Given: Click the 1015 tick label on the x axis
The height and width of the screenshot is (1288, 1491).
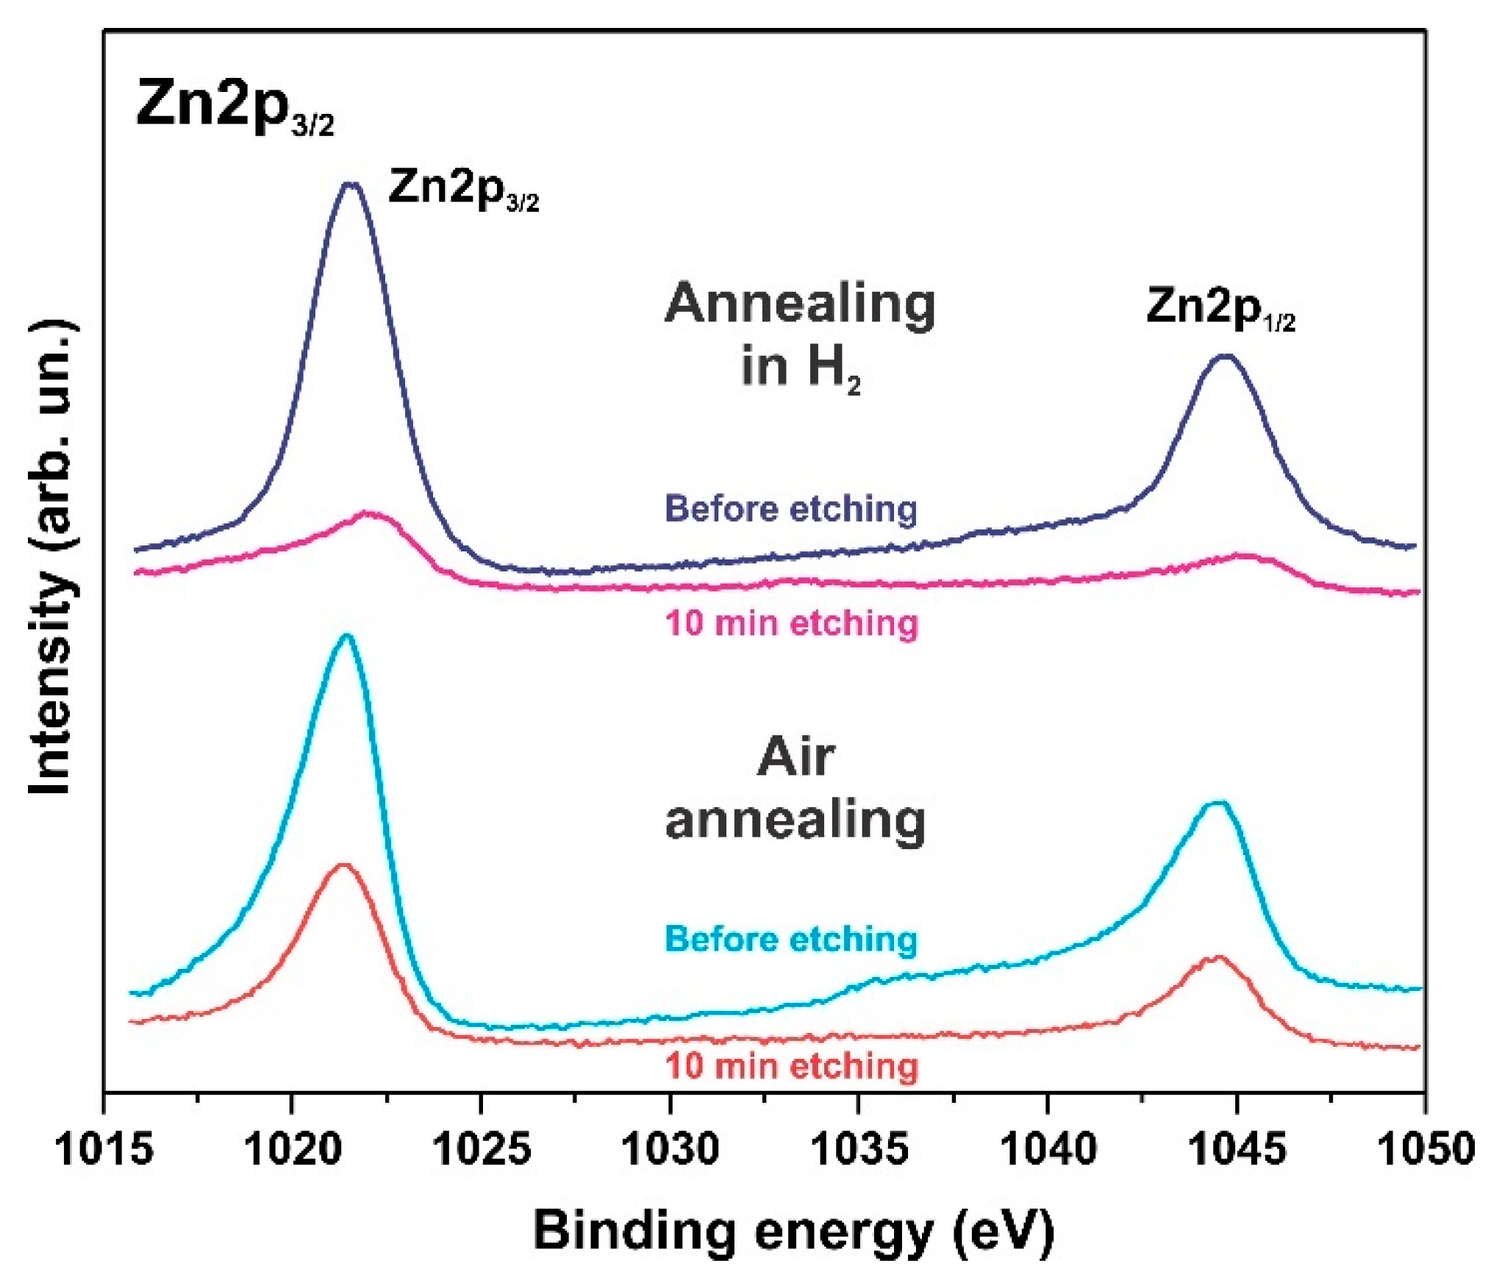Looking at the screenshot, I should [104, 1148].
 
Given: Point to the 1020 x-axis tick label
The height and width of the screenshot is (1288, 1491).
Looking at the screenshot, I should [292, 1148].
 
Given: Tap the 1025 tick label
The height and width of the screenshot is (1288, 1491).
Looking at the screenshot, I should [481, 1148].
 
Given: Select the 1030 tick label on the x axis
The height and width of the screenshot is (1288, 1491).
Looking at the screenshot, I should [670, 1148].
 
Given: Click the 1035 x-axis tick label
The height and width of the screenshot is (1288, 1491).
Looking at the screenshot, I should [858, 1148].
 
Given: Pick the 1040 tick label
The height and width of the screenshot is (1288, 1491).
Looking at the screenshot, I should [1048, 1148].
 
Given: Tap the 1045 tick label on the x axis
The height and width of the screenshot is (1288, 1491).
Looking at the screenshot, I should [1237, 1148].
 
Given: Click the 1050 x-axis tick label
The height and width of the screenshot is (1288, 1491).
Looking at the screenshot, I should [1425, 1148].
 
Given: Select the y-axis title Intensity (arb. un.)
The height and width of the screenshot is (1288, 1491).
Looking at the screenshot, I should [51, 557].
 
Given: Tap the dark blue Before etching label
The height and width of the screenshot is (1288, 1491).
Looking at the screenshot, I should [791, 509].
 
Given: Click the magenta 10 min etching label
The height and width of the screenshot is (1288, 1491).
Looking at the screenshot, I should [792, 623].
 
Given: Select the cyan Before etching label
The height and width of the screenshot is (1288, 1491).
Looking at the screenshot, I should [791, 940].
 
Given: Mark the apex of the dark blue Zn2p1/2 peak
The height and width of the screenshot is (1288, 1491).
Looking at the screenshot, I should [1225, 357].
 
